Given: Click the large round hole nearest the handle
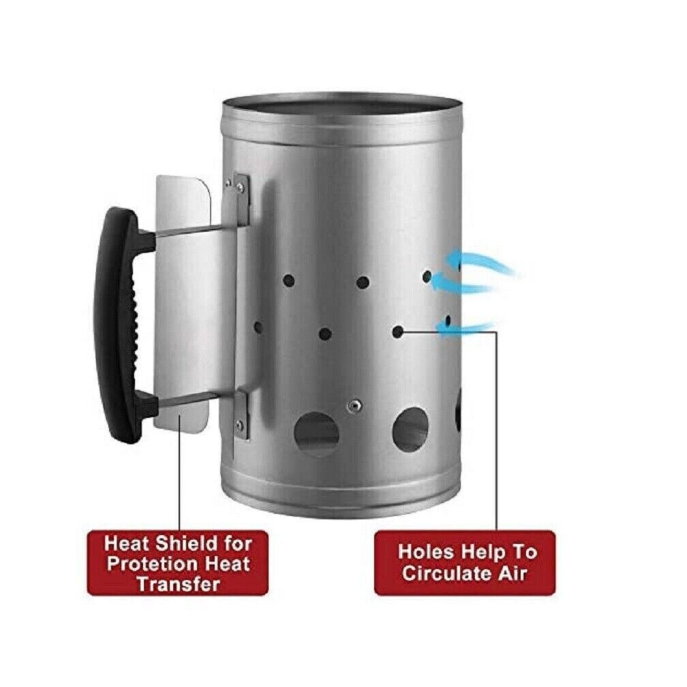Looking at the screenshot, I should tap(316, 434).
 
